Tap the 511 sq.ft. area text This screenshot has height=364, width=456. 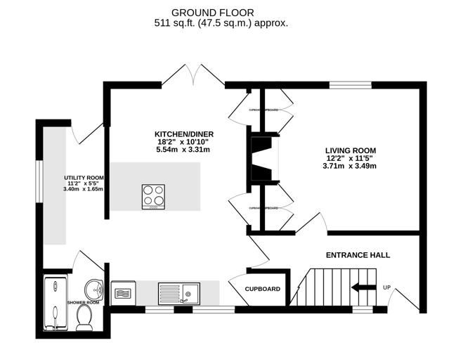(221, 23)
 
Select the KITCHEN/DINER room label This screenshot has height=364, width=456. (184, 134)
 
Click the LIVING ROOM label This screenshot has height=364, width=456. (350, 150)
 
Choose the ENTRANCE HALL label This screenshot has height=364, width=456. (357, 254)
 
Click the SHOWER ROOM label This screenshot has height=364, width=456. (83, 302)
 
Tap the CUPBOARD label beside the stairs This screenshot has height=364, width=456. (263, 289)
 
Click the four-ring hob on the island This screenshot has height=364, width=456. (153, 196)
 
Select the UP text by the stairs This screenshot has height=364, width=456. (386, 287)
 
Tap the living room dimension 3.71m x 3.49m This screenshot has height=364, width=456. (350, 167)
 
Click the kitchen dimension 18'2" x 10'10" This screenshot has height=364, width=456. (184, 143)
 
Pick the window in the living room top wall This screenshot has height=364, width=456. (351, 85)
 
